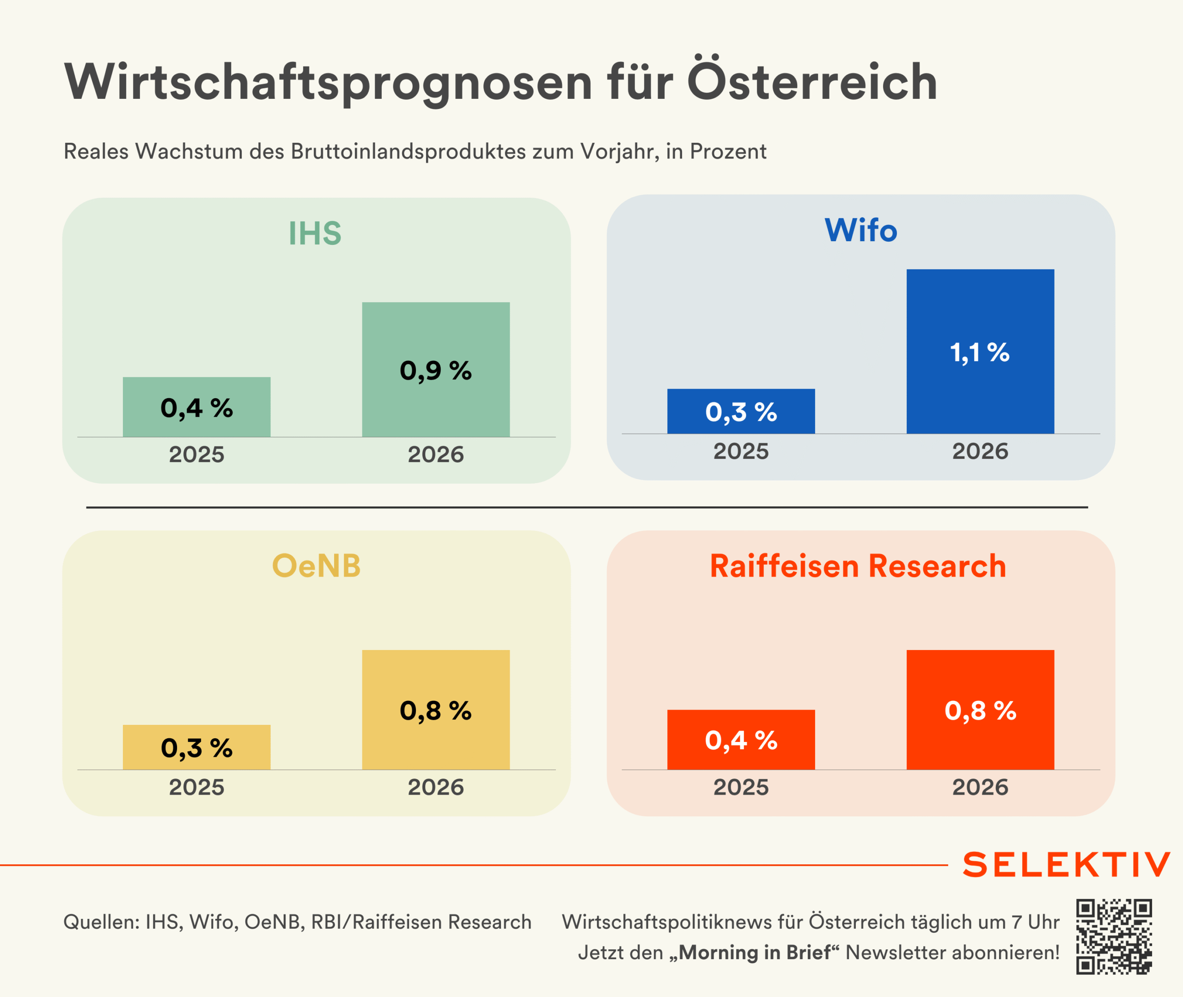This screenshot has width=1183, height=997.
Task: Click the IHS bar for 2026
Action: pyautogui.click(x=436, y=369)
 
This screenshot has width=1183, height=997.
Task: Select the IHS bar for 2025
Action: pyautogui.click(x=197, y=407)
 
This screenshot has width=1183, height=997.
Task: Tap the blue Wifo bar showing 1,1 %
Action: pyautogui.click(x=980, y=351)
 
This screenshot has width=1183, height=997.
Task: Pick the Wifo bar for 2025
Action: pyautogui.click(x=741, y=411)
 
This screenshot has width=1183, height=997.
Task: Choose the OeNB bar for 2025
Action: pyautogui.click(x=197, y=747)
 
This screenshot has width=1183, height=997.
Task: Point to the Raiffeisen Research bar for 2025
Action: pyautogui.click(x=741, y=739)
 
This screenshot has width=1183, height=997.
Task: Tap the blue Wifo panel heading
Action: pyautogui.click(x=861, y=230)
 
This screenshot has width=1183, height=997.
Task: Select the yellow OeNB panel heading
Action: pyautogui.click(x=316, y=566)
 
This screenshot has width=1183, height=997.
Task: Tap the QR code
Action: pyautogui.click(x=1114, y=937)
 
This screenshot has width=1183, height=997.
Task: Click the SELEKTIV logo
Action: pyautogui.click(x=1066, y=865)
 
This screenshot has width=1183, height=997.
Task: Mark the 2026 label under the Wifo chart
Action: pyautogui.click(x=980, y=451)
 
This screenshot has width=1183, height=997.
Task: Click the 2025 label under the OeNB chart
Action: pyautogui.click(x=197, y=787)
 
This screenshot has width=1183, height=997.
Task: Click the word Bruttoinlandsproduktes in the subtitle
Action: pyautogui.click(x=409, y=152)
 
